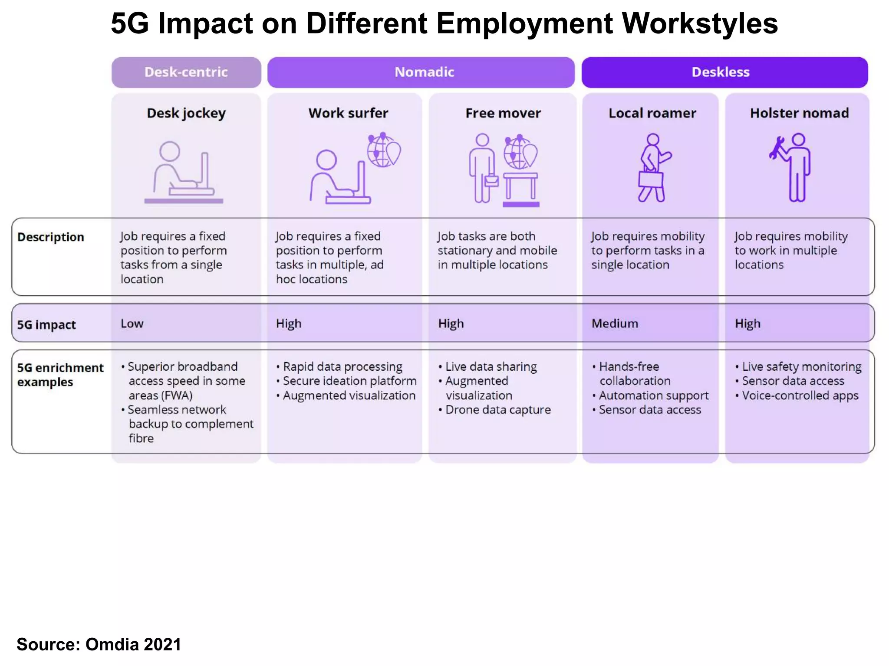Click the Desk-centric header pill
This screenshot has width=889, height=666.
coord(186,72)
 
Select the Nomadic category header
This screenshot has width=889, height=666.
coord(424,72)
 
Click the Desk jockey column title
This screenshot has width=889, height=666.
coord(186,113)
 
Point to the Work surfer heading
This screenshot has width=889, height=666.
coord(348,113)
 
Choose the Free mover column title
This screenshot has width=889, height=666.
coord(503,113)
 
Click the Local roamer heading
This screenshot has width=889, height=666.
coord(652,113)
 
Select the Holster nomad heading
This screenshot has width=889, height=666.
coord(799,113)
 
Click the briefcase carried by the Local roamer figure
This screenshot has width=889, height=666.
coord(651,179)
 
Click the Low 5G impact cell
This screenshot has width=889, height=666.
coord(132,323)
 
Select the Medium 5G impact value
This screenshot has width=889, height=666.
coord(615,323)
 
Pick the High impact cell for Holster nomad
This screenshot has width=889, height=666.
coord(747,323)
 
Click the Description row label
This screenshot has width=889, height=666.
coord(51,237)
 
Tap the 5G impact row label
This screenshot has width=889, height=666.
coord(46,325)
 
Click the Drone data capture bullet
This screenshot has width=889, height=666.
coord(497,410)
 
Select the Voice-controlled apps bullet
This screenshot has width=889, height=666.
coord(800,395)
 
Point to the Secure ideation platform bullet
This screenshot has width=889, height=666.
coord(349,381)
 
